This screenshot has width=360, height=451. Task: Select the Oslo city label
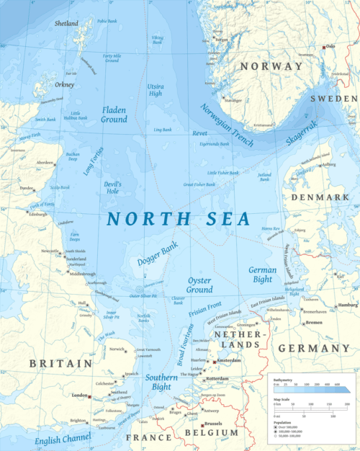pyautogui.click(x=331, y=46)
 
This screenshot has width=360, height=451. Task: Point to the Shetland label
pyautogui.click(x=66, y=24)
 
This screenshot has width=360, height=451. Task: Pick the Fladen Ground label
pyautogui.click(x=114, y=115)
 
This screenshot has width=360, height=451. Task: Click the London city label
pyautogui.click(x=79, y=396)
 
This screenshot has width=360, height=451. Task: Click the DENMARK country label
pyautogui.click(x=315, y=197)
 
